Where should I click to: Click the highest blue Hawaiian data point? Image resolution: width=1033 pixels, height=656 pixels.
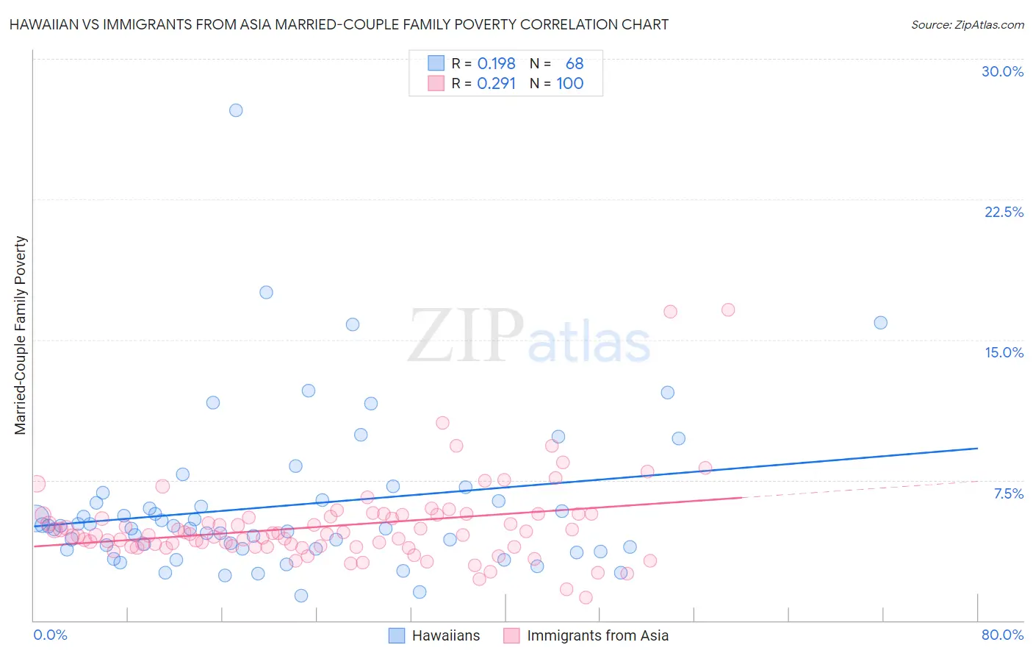point(236,110)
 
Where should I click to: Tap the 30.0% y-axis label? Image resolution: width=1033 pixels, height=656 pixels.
point(1002,71)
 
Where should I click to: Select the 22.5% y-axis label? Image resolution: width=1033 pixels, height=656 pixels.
point(1004,212)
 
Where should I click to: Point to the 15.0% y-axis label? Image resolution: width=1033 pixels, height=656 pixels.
point(1004,352)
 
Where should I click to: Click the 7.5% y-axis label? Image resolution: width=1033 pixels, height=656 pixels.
point(1008,493)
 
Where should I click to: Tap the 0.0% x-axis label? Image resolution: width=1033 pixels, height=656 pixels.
point(50,635)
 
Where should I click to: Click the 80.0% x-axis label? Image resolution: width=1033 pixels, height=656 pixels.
point(1002,635)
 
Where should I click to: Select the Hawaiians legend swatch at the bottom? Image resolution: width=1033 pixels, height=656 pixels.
point(397,635)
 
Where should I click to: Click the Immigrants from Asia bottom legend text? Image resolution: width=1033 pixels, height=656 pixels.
point(597,635)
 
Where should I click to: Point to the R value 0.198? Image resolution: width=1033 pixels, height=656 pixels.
point(497,64)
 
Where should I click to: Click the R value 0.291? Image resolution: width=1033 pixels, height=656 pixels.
point(497,84)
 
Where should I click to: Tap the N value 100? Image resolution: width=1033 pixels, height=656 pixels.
point(569,84)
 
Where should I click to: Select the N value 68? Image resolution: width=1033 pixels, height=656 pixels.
point(574,64)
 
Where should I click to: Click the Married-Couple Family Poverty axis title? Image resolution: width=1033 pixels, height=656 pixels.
point(21,335)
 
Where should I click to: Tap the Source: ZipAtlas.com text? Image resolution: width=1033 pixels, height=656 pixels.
point(967,24)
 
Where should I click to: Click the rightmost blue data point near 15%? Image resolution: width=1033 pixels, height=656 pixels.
point(880,322)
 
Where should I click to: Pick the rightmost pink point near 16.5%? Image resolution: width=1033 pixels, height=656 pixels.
point(728,310)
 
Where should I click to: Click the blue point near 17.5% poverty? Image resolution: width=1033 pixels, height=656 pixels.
point(266,292)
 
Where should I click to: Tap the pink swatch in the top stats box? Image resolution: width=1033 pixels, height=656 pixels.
point(436,84)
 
